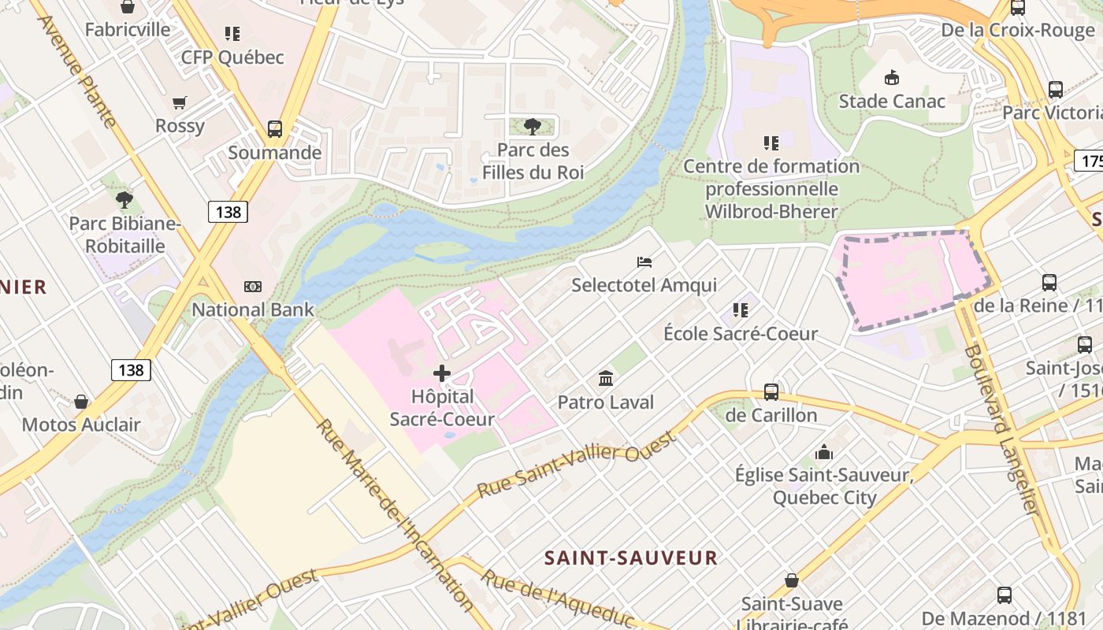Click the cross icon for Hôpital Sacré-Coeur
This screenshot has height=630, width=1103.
point(442,372)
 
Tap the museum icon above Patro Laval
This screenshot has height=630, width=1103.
point(606,379)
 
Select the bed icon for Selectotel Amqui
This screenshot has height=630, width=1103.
point(644,261)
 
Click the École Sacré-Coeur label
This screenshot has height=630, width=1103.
point(741,333)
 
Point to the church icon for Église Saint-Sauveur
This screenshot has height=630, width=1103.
point(824,452)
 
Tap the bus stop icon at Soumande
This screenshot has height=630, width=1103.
point(274,128)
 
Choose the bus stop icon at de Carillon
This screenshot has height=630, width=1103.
point(771,391)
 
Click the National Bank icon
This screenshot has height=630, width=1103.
point(253,287)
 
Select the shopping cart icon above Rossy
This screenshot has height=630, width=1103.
point(180,102)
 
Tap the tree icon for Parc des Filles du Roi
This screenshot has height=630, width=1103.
point(533,126)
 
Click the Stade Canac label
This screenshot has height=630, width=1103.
point(892,101)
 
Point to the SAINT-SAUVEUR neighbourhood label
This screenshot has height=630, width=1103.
point(631,558)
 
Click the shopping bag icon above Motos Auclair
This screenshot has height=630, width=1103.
point(81,402)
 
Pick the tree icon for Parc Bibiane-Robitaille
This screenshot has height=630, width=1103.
point(124,200)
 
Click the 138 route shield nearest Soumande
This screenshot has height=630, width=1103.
point(228,211)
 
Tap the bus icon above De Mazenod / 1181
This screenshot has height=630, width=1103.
point(1005,595)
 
